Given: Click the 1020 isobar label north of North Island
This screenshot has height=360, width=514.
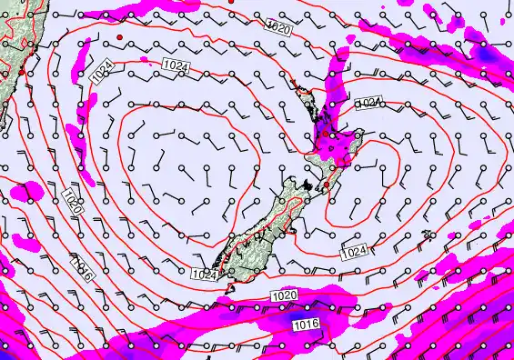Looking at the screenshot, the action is click(279, 28).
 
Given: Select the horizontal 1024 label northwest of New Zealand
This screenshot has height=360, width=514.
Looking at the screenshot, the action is click(176, 64).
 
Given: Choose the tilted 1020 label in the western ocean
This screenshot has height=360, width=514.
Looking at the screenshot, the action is click(73, 206).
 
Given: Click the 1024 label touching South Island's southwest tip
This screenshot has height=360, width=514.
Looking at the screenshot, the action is click(205, 273).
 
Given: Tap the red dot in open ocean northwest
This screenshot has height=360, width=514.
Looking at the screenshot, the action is click(119, 36).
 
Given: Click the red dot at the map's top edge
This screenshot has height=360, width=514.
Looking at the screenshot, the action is click(232, 3).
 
